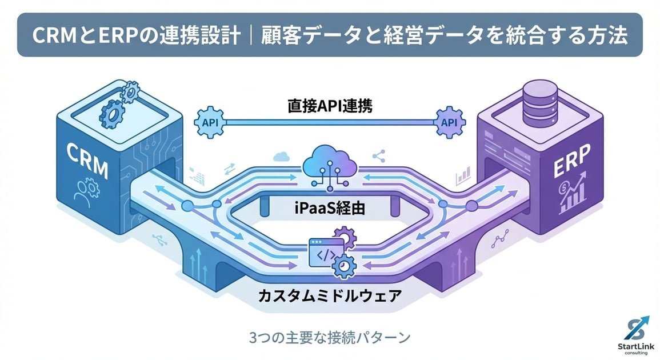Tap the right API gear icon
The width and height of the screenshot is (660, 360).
(449, 122)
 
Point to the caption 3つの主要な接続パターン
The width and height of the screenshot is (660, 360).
(329, 337)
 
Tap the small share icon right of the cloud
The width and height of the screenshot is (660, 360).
(378, 155)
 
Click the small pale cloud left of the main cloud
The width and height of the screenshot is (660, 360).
(280, 155)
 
